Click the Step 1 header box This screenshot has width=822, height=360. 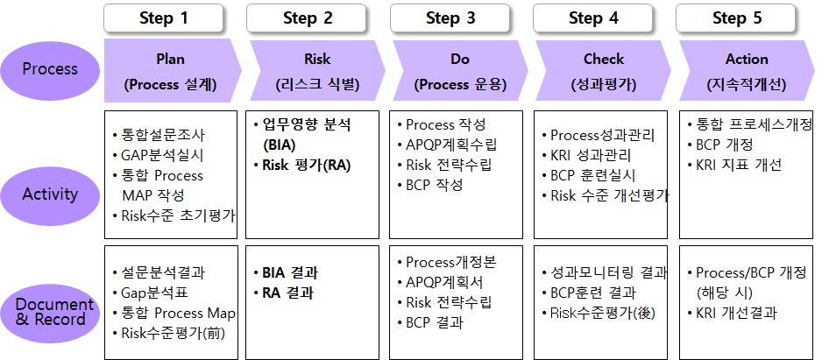click(x=164, y=18)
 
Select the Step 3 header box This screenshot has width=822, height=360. click(x=450, y=18)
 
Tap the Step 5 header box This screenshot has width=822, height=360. click(x=736, y=18)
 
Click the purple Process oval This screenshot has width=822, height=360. click(x=50, y=68)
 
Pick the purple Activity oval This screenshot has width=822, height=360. click(x=50, y=194)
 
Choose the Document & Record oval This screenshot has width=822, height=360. click(x=50, y=312)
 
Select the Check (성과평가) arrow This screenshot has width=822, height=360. click(x=604, y=70)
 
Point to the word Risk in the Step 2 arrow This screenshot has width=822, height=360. click(x=317, y=60)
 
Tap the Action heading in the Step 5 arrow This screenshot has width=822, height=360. click(x=747, y=60)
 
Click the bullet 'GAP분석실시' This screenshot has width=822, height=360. click(x=158, y=155)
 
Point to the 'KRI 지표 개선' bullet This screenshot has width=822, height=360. click(x=734, y=165)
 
